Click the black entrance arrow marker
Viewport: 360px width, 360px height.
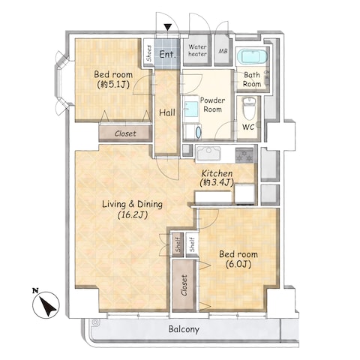click(168, 27)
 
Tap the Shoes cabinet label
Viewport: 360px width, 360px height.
click(149, 53)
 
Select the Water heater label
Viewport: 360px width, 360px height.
click(197, 50)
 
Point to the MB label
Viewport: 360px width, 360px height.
click(223, 51)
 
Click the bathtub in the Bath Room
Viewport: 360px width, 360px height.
click(252, 58)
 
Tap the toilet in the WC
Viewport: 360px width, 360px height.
click(249, 109)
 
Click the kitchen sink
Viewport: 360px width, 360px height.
click(208, 154)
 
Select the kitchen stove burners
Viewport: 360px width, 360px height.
click(244, 154)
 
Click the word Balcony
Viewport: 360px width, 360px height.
click(184, 329)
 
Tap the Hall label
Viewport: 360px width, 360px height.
click(167, 112)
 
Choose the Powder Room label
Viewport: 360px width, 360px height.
click(212, 105)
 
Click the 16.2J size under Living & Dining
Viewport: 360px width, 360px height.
click(132, 214)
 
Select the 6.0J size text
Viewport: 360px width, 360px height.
click(238, 264)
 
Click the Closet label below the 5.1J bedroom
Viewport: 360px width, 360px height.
click(125, 133)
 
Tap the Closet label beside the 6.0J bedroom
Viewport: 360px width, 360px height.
click(184, 286)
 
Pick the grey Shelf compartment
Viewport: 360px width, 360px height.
click(178, 244)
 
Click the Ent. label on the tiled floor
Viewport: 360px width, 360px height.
click(167, 54)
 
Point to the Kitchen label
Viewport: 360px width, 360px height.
click(217, 173)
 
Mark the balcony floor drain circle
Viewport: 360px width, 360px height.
click(94, 322)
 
